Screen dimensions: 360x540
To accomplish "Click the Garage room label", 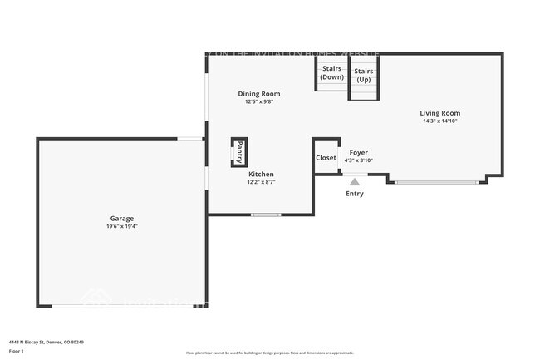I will (x=122, y=218).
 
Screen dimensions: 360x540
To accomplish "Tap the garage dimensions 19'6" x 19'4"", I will (x=122, y=226).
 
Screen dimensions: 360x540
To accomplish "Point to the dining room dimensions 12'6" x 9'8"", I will (x=258, y=102).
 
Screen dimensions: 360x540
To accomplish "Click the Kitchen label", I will (x=260, y=174).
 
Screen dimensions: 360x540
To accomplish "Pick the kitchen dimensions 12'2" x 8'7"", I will (x=260, y=182).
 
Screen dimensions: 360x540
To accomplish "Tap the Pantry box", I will (x=239, y=152).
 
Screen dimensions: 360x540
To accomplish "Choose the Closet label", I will (x=326, y=158).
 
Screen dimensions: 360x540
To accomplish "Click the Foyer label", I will (x=358, y=153).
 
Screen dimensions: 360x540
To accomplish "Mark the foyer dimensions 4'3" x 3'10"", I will (x=358, y=160).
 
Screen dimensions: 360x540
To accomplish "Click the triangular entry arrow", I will (x=355, y=181).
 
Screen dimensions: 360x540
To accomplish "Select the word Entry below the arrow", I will (x=355, y=194).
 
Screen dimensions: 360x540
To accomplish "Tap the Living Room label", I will (x=440, y=113).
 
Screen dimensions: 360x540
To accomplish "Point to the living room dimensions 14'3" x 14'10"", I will (x=440, y=121).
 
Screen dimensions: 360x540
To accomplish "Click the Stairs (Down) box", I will (x=331, y=73).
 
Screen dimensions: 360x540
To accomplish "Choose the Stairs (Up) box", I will (x=364, y=76).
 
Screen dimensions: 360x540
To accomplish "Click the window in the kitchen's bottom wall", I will (x=266, y=215).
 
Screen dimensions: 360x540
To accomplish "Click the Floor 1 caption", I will (x=17, y=352).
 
